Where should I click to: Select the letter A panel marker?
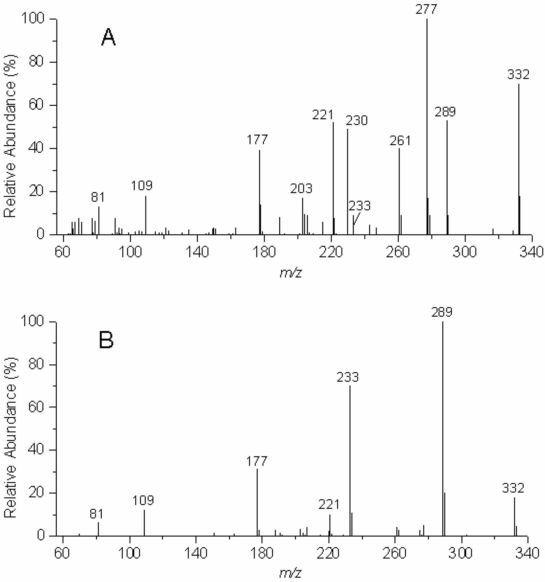pos(108,37)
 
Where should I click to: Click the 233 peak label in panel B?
pos(347,377)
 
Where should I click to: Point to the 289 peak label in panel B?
pos(442,312)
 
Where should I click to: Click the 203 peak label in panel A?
pos(301,189)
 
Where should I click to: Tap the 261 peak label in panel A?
pos(400,141)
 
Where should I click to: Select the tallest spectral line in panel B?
pos(443,425)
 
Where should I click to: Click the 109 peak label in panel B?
pos(143,500)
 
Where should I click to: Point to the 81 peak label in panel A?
pos(98,197)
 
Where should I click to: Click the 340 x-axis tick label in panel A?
pos(531,252)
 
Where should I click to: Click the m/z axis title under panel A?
pos(291,273)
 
